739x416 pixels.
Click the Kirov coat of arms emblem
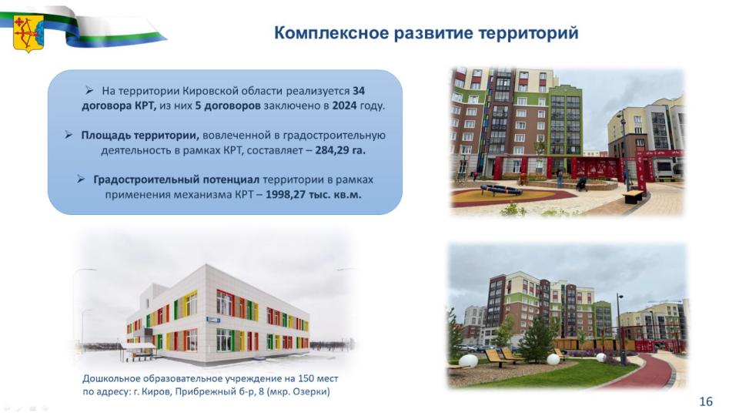point(28,33)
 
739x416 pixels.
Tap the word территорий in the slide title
point(528,33)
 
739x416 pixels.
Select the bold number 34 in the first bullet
point(358,91)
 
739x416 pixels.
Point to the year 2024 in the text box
point(344,106)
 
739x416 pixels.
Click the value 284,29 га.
point(340,150)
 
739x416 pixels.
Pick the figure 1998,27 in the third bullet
point(285,194)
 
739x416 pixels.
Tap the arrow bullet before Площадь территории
point(69,135)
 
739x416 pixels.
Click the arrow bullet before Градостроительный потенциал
point(81,179)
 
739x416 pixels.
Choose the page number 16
point(706,401)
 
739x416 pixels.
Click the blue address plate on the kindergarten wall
point(212,320)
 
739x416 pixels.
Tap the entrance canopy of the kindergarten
point(137,347)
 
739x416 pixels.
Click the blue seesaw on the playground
point(500,190)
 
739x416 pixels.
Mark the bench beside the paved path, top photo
point(633,195)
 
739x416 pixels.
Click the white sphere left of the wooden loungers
point(468,361)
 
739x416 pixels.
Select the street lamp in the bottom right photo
point(621,329)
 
